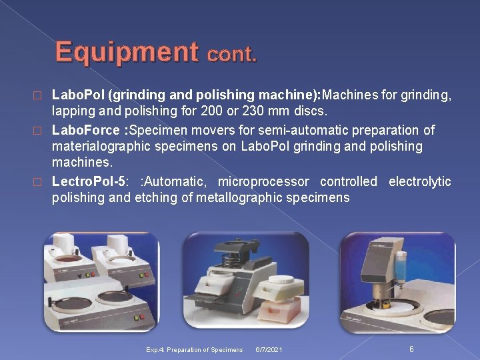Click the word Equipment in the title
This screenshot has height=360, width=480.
[126, 52]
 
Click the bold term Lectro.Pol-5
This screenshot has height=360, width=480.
[88, 181]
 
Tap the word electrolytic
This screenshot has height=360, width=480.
[419, 181]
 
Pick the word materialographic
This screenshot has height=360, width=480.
[105, 146]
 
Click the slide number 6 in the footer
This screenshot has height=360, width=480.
[411, 349]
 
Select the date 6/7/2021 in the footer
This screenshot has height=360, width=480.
[268, 349]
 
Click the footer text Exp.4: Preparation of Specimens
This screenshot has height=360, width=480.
[195, 349]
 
